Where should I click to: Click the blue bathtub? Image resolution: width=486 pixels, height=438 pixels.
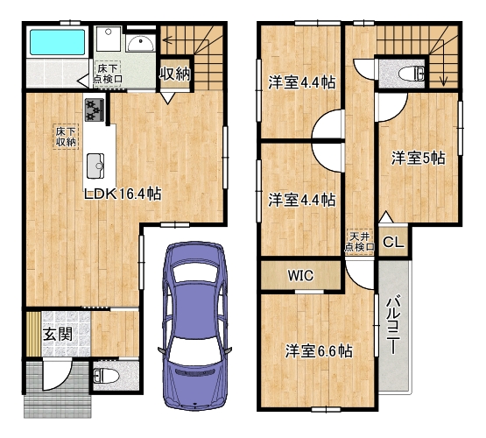(57, 42)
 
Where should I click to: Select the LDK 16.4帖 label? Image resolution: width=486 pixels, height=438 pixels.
(123, 194)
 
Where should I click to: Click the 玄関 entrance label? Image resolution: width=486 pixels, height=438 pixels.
(58, 334)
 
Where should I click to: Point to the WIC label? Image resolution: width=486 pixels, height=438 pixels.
(300, 275)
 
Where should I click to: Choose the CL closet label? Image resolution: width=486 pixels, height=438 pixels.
(394, 242)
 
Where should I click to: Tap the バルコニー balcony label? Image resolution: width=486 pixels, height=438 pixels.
(393, 326)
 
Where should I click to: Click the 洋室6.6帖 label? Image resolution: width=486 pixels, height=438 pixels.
(319, 351)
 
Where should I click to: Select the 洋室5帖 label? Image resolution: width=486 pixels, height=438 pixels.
(418, 158)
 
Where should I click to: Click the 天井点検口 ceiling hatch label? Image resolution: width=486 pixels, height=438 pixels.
(360, 242)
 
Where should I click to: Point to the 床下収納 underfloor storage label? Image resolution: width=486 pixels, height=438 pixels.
(66, 137)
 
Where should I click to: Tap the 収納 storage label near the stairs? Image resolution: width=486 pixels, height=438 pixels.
(175, 74)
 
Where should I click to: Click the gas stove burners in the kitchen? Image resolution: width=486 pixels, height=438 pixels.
(95, 109)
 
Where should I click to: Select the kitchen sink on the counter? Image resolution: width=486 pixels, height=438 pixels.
(95, 166)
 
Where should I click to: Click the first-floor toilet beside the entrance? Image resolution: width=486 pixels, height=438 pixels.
(106, 376)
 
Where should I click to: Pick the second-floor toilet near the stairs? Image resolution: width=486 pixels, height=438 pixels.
(412, 74)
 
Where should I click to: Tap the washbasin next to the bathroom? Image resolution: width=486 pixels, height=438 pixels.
(141, 43)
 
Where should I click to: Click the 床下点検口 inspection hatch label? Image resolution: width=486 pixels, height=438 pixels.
(108, 74)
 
